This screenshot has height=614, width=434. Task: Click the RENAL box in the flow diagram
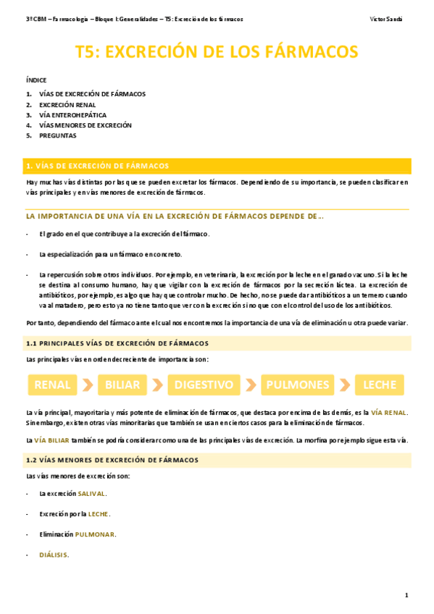pos(51,384)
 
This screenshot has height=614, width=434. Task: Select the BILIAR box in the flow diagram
pos(122,384)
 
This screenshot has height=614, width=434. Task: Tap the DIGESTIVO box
pos(204,384)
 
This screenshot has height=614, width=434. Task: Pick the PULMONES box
pos(297,384)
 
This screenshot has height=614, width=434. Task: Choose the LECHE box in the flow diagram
pos(379,384)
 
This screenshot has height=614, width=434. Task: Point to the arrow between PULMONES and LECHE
pos(345,384)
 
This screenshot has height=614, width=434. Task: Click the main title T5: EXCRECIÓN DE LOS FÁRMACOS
pos(217,51)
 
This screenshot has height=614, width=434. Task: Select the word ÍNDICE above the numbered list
pos(36,80)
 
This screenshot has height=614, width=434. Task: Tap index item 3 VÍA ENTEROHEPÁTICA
pos(72,114)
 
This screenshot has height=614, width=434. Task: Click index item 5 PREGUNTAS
pos(57,135)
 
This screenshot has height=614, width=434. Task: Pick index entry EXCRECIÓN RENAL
pos(67,104)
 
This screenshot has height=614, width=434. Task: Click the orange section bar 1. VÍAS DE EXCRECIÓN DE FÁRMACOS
pos(217,165)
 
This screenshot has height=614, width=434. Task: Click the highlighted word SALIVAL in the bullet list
pos(91,493)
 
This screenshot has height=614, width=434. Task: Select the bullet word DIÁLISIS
pos(54,555)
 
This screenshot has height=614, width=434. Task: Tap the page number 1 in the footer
pos(406,595)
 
